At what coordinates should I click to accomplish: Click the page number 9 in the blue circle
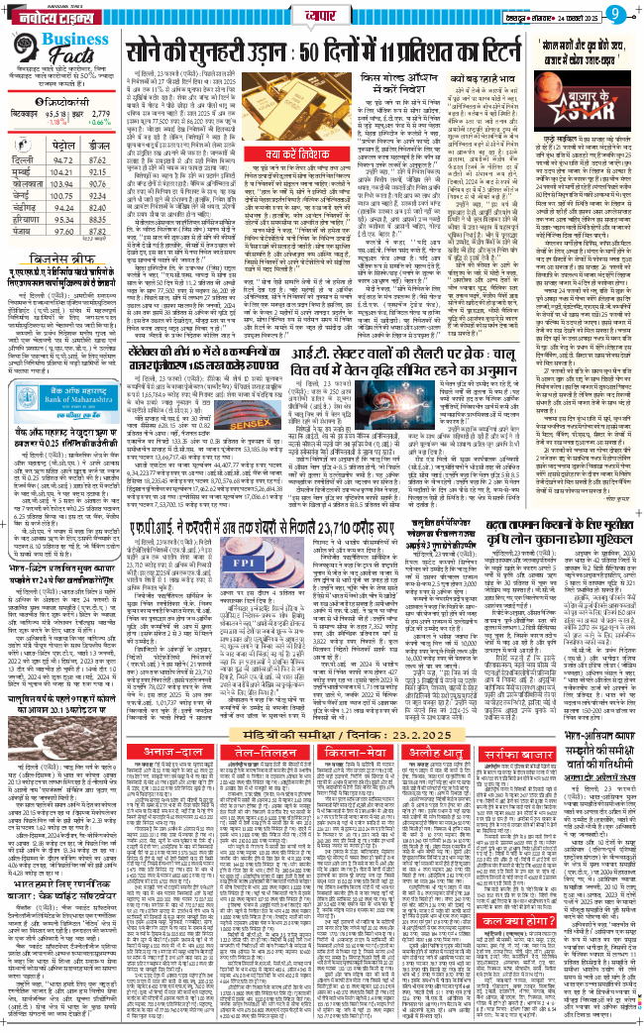pyautogui.click(x=615, y=14)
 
